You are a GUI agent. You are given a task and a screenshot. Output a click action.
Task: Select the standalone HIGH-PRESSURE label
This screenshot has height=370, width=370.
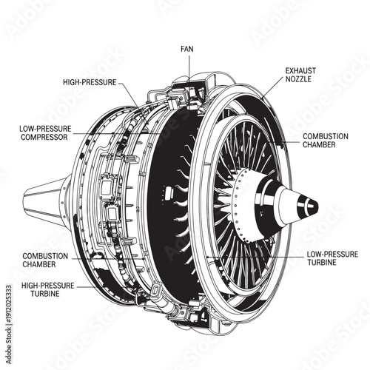89,81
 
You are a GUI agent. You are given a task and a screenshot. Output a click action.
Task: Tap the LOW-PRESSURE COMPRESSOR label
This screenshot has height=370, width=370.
46,132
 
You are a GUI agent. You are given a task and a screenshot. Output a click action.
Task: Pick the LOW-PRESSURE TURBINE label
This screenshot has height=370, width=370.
332,258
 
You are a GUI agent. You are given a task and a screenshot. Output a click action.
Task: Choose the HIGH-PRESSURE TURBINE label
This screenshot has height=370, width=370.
50,289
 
